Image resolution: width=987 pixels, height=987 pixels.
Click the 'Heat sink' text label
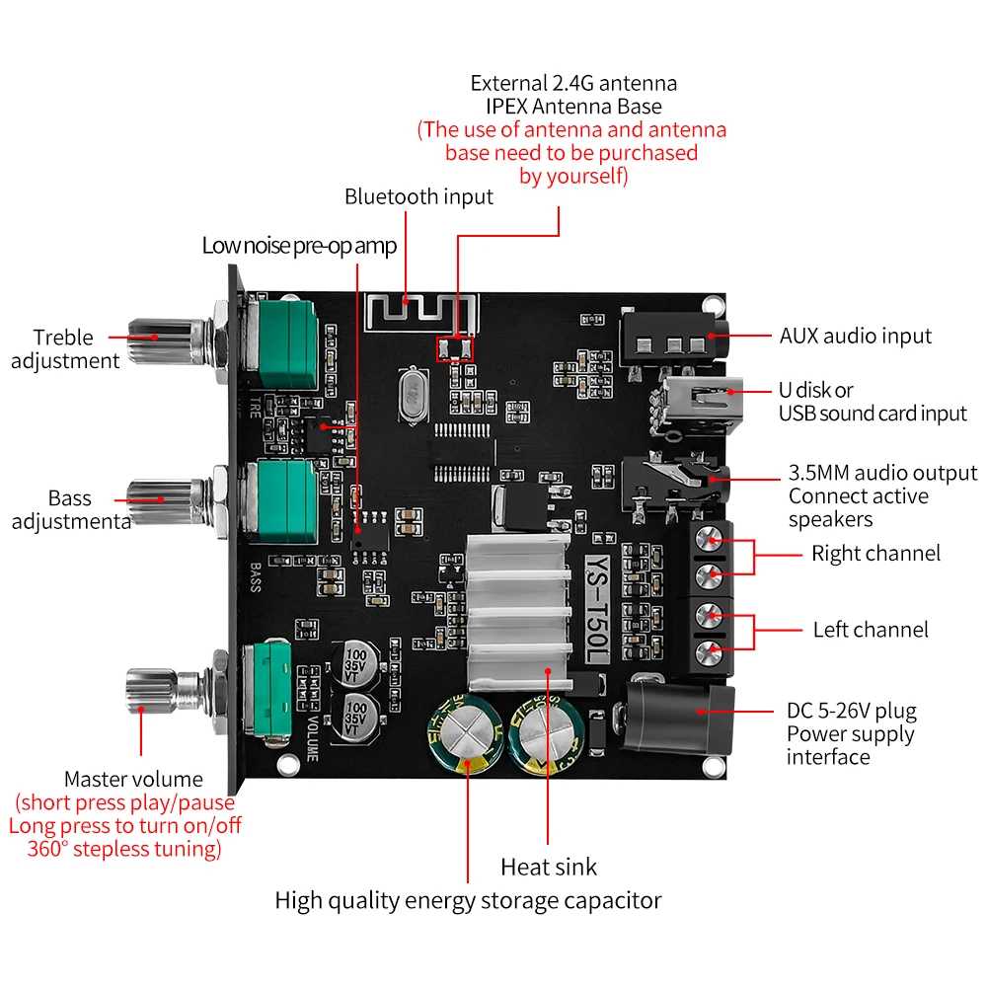click(549, 868)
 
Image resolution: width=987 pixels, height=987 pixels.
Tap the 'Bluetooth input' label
click(418, 196)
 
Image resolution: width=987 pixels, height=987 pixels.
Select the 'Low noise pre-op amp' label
click(299, 246)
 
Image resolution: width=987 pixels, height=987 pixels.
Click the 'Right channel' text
click(875, 553)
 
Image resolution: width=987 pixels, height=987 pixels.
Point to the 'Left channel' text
click(871, 630)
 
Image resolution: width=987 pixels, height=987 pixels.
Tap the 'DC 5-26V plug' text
click(851, 711)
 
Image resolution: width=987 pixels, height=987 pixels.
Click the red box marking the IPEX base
click(455, 347)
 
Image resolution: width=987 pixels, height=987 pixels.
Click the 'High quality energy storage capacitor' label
click(468, 900)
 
